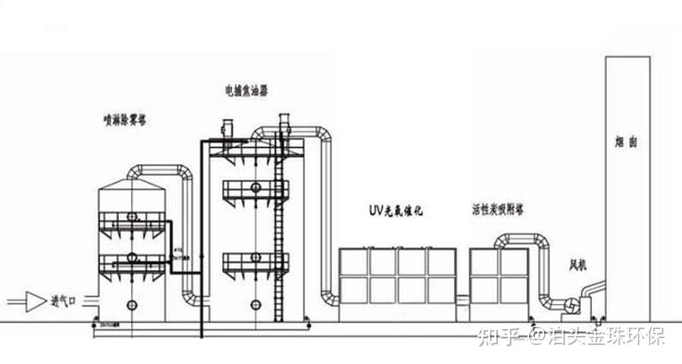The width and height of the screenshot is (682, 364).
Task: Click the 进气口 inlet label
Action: click(x=64, y=300)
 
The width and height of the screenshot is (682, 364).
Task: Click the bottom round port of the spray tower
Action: click(x=133, y=305)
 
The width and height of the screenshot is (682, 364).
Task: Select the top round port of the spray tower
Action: click(x=133, y=217)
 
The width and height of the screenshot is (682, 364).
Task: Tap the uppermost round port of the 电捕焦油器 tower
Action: click(x=255, y=187)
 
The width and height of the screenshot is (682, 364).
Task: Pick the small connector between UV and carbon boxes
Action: click(x=464, y=300)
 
